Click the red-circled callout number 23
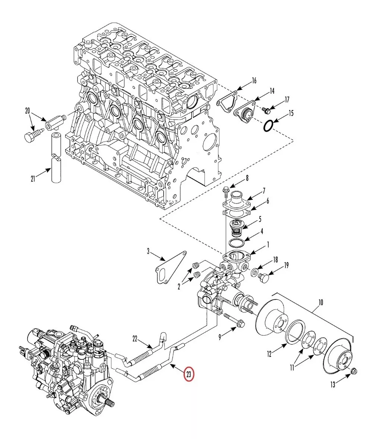point(189,375)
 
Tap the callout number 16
point(254,81)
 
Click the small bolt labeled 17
point(266,110)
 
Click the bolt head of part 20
point(29,137)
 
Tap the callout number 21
point(33,179)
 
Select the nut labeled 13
point(354,371)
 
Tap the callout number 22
point(135,339)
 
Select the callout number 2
point(179,286)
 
